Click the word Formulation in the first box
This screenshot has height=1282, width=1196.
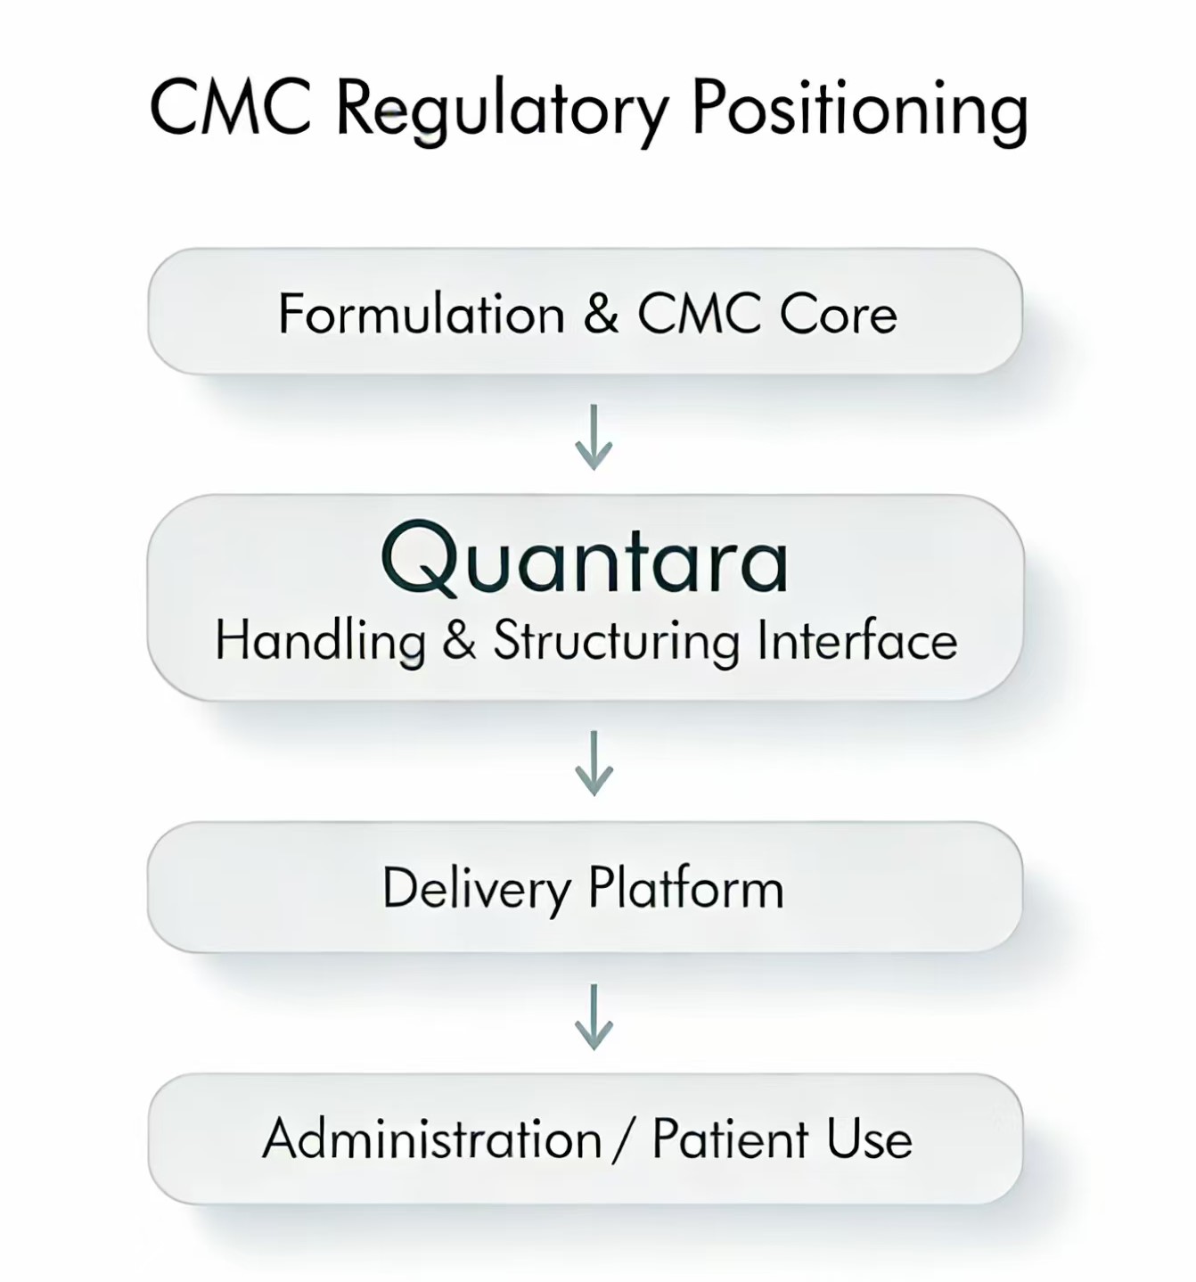(422, 314)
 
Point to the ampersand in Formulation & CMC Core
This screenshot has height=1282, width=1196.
(602, 314)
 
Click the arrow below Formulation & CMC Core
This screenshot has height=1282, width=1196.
(594, 437)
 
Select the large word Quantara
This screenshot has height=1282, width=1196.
(585, 561)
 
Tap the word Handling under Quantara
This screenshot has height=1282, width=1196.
(320, 642)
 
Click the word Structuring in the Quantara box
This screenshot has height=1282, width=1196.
(617, 642)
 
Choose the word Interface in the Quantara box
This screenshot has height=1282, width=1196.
(857, 640)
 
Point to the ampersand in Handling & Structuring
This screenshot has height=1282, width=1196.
(459, 641)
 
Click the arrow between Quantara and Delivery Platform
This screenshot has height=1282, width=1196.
(594, 763)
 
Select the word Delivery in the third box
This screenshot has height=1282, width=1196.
(476, 889)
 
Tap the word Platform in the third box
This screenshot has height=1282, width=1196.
(685, 888)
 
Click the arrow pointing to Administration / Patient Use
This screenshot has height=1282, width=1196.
(594, 1016)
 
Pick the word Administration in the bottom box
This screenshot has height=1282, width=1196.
(432, 1138)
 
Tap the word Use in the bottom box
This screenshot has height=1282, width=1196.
(869, 1138)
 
